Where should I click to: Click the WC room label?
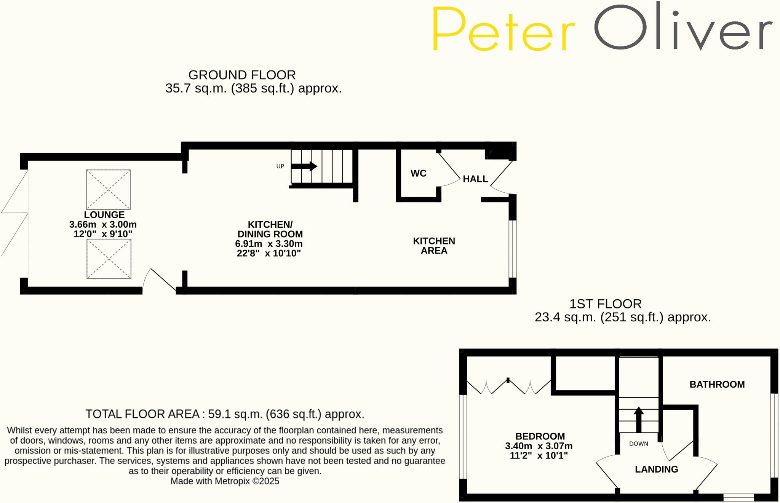[x=418, y=173]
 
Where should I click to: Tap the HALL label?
[x=475, y=179]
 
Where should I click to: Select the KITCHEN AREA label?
[x=434, y=246]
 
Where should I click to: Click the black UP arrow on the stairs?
[x=304, y=166]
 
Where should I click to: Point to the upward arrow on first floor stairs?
[x=639, y=419]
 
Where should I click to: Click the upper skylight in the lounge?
[x=108, y=189]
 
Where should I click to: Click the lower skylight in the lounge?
[x=109, y=259]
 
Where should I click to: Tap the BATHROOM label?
[x=717, y=384]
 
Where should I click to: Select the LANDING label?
[x=656, y=469]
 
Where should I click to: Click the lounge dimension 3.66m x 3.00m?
[x=103, y=224]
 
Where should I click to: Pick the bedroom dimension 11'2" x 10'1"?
[x=539, y=455]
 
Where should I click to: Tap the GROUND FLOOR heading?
[x=242, y=75]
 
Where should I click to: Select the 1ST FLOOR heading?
[x=605, y=304]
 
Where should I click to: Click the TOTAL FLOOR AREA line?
[x=225, y=414]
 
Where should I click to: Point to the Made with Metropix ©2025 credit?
[x=225, y=481]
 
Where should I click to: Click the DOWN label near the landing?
[x=638, y=444]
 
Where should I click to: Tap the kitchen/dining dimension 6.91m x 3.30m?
[x=269, y=244]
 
